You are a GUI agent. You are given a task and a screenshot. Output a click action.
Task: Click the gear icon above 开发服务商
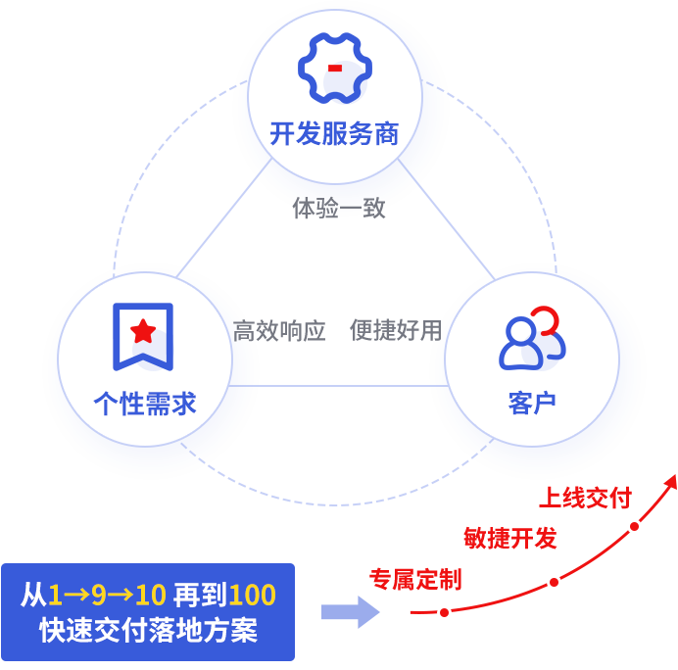coord(334,69)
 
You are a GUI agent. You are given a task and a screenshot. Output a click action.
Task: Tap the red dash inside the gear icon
coord(335,68)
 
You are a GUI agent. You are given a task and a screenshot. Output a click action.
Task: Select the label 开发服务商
coord(334,134)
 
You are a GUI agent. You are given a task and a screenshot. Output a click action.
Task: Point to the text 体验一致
coord(338,208)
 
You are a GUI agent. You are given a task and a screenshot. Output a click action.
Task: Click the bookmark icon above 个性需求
coord(143,336)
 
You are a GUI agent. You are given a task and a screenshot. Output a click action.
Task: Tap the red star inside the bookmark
coord(143,330)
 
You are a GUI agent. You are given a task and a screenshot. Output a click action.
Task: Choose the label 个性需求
coord(144,404)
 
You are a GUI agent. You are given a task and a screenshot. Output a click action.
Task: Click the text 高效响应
coord(278,331)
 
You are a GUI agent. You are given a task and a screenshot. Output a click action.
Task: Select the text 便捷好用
coord(396,331)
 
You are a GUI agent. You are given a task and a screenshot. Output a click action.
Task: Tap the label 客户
coord(532,404)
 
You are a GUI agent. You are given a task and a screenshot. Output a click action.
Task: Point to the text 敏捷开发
coord(510,538)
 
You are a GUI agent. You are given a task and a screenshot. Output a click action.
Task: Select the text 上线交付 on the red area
coord(581,498)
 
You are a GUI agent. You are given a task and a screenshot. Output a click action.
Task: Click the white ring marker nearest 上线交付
coord(634,526)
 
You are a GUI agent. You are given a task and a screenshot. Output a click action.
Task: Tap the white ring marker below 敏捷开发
coord(554,582)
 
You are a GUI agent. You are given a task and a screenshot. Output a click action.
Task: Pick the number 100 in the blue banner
coord(255,595)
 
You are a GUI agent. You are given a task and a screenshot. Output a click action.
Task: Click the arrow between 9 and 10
coord(121,595)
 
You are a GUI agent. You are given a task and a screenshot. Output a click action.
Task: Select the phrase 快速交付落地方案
coord(148,630)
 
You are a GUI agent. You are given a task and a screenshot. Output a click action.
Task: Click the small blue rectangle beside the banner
coord(350,611)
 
